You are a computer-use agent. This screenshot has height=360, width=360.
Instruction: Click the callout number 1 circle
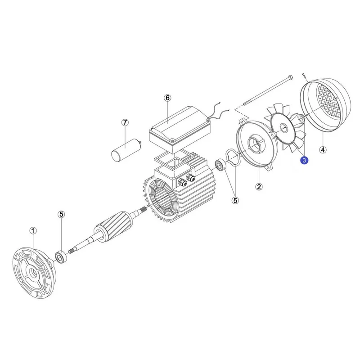[33, 230]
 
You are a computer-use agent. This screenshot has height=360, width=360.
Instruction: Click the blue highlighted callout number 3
[305, 160]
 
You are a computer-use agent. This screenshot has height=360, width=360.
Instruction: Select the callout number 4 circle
[323, 150]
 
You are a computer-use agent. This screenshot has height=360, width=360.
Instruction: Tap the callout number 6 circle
[167, 98]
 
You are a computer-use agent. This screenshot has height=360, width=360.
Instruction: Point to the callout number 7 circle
[125, 122]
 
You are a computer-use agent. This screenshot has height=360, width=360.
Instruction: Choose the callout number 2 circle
[259, 187]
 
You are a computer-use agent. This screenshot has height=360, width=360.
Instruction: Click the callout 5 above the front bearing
[61, 215]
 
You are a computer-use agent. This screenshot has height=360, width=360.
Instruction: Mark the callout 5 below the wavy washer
[235, 200]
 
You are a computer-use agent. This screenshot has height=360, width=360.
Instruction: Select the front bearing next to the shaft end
[61, 257]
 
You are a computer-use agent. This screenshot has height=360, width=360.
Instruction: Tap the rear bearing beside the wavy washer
[220, 165]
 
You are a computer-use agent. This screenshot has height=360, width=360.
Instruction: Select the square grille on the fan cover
[327, 101]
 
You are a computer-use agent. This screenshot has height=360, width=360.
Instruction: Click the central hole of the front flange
[35, 273]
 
